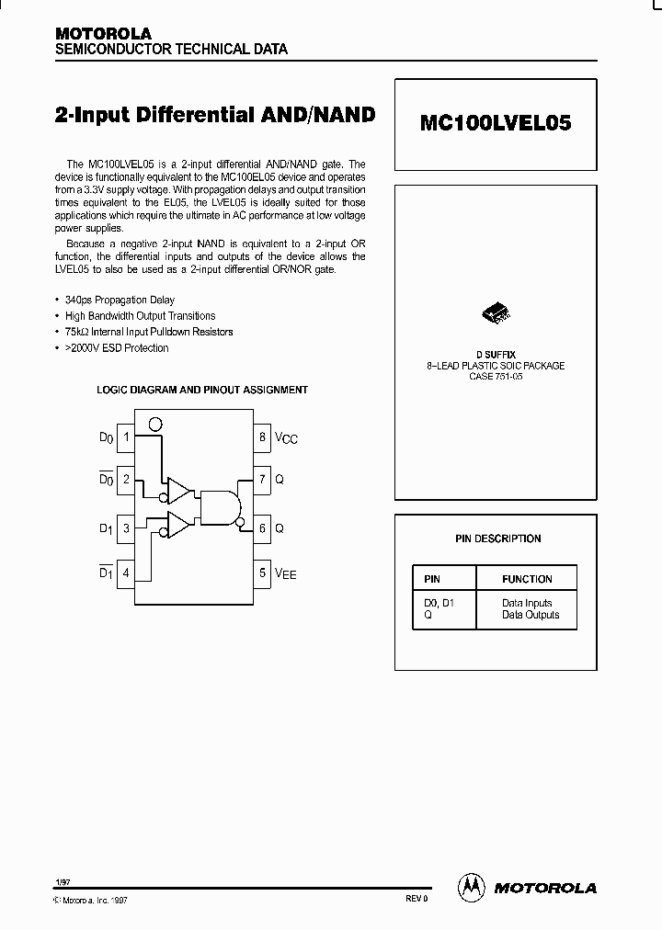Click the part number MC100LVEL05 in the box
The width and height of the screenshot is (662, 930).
click(x=496, y=123)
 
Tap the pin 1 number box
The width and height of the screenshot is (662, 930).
click(x=126, y=437)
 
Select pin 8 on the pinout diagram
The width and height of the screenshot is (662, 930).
click(x=262, y=437)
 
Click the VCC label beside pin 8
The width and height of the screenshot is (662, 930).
click(x=286, y=439)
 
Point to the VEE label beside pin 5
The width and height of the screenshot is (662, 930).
click(x=286, y=574)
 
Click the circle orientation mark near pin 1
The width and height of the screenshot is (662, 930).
click(x=155, y=425)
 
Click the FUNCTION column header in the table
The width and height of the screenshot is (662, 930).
click(x=527, y=579)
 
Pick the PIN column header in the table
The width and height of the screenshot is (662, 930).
click(x=432, y=579)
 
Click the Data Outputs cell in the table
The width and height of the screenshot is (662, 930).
click(x=531, y=615)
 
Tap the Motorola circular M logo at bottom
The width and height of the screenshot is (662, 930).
click(x=471, y=887)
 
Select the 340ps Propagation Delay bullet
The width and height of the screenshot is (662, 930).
click(x=120, y=301)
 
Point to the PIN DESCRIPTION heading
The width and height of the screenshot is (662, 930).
click(x=497, y=539)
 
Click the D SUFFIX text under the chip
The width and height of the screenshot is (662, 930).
click(x=496, y=354)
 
